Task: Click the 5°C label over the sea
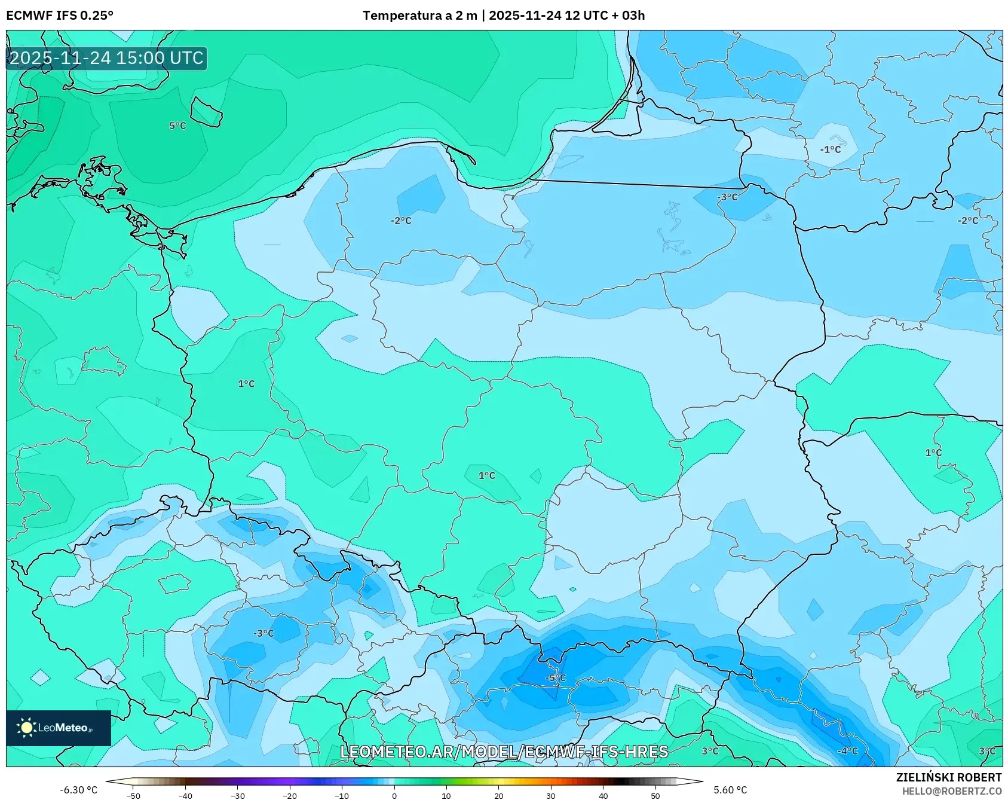[x=177, y=126]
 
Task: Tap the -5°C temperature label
[x=556, y=677]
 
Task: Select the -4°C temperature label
[x=847, y=751]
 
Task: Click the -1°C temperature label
[x=830, y=149]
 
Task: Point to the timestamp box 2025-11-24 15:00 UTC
[x=107, y=58]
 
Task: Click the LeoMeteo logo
[x=58, y=728]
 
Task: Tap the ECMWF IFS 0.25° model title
[x=60, y=16]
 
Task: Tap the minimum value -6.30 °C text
[x=78, y=790]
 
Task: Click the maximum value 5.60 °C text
[x=730, y=790]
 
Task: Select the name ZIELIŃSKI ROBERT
[x=948, y=777]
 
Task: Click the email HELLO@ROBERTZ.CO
[x=951, y=791]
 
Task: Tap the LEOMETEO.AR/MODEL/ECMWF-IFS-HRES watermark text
[x=504, y=752]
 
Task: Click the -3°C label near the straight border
[x=727, y=197]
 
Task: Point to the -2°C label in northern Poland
[x=401, y=221]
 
